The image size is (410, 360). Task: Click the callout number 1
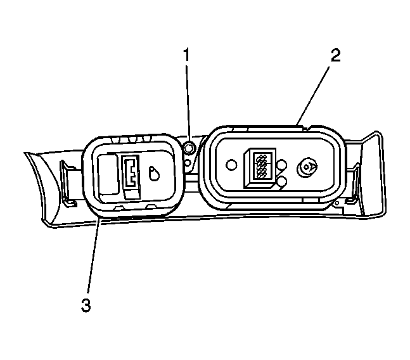[186, 55]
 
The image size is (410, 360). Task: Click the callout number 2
[336, 56]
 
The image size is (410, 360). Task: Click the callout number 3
[86, 305]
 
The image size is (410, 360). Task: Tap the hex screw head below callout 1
[189, 149]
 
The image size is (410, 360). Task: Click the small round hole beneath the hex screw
[188, 163]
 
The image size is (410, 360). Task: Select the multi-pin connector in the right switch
[260, 168]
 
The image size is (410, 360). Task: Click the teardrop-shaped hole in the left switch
[154, 173]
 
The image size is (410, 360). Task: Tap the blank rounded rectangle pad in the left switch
[108, 174]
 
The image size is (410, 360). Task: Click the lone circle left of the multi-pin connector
[231, 165]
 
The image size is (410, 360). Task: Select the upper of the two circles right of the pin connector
[281, 165]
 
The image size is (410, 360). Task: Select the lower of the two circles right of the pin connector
[281, 181]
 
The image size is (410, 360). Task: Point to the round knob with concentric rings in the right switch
[307, 167]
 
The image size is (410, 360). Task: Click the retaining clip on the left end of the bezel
[67, 183]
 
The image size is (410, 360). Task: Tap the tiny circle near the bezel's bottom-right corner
[337, 203]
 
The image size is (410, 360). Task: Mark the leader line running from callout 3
[93, 256]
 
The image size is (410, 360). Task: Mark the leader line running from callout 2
[313, 96]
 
